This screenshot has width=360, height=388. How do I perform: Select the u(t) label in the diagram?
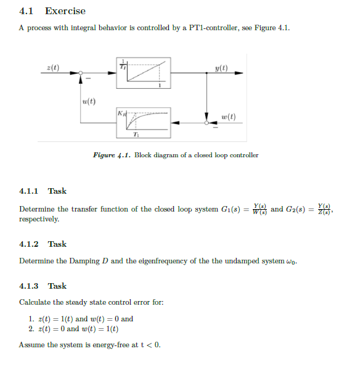pyautogui.click(x=88, y=101)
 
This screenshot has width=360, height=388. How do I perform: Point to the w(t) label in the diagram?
pyautogui.click(x=227, y=117)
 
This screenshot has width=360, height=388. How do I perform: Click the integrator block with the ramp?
pyautogui.click(x=142, y=72)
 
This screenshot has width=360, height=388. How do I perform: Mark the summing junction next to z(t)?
pyautogui.click(x=81, y=73)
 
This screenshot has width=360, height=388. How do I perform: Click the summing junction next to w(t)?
pyautogui.click(x=207, y=123)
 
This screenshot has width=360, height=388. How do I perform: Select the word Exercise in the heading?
pyautogui.click(x=65, y=11)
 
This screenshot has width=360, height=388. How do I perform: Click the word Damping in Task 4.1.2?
pyautogui.click(x=83, y=261)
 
